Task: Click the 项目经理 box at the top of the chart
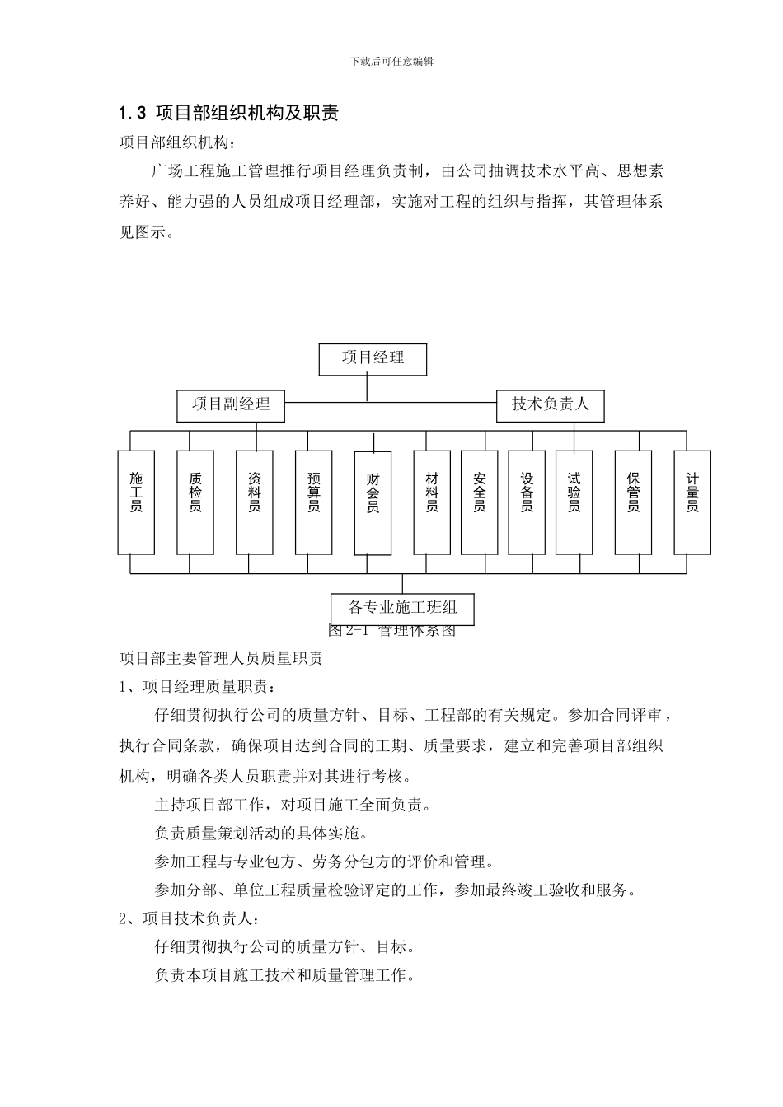coord(373,358)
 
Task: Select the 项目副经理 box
coord(231,405)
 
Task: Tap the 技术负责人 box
coord(550,405)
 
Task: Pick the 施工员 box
coord(136,502)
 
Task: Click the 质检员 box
coord(195,502)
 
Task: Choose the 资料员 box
coord(254,502)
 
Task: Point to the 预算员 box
coord(313,502)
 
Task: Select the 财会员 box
coord(373,502)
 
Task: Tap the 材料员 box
coord(432,502)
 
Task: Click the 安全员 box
coord(479,502)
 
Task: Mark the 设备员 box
coord(527,502)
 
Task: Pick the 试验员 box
coord(574,502)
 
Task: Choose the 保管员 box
coord(633,502)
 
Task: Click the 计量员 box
coord(692,502)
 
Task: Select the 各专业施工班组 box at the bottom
coord(402,608)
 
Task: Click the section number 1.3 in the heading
coord(132,114)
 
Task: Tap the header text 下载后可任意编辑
coord(391,62)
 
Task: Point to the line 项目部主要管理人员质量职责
coord(221,658)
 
